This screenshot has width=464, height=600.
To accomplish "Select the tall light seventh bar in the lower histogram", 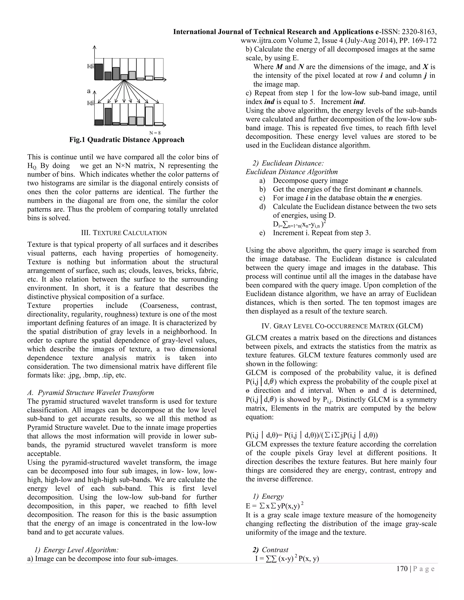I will [x=149, y=116].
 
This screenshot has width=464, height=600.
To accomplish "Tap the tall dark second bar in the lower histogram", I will [x=108, y=116].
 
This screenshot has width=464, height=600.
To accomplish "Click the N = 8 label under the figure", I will [x=155, y=133].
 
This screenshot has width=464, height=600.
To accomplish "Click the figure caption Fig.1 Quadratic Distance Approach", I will [x=127, y=140].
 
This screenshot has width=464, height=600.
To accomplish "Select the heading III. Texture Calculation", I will [x=124, y=233].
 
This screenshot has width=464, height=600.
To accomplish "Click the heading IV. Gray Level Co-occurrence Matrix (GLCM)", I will [x=342, y=326].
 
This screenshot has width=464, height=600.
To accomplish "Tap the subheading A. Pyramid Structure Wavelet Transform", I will [x=91, y=392].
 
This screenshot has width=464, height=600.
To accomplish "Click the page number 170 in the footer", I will [x=402, y=569].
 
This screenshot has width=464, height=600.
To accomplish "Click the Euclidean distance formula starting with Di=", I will [x=299, y=225].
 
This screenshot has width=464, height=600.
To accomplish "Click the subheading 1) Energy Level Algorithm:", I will [x=76, y=550].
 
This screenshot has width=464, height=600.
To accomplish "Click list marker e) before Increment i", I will [x=262, y=233].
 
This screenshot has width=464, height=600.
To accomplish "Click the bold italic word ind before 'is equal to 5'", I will [x=269, y=102].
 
